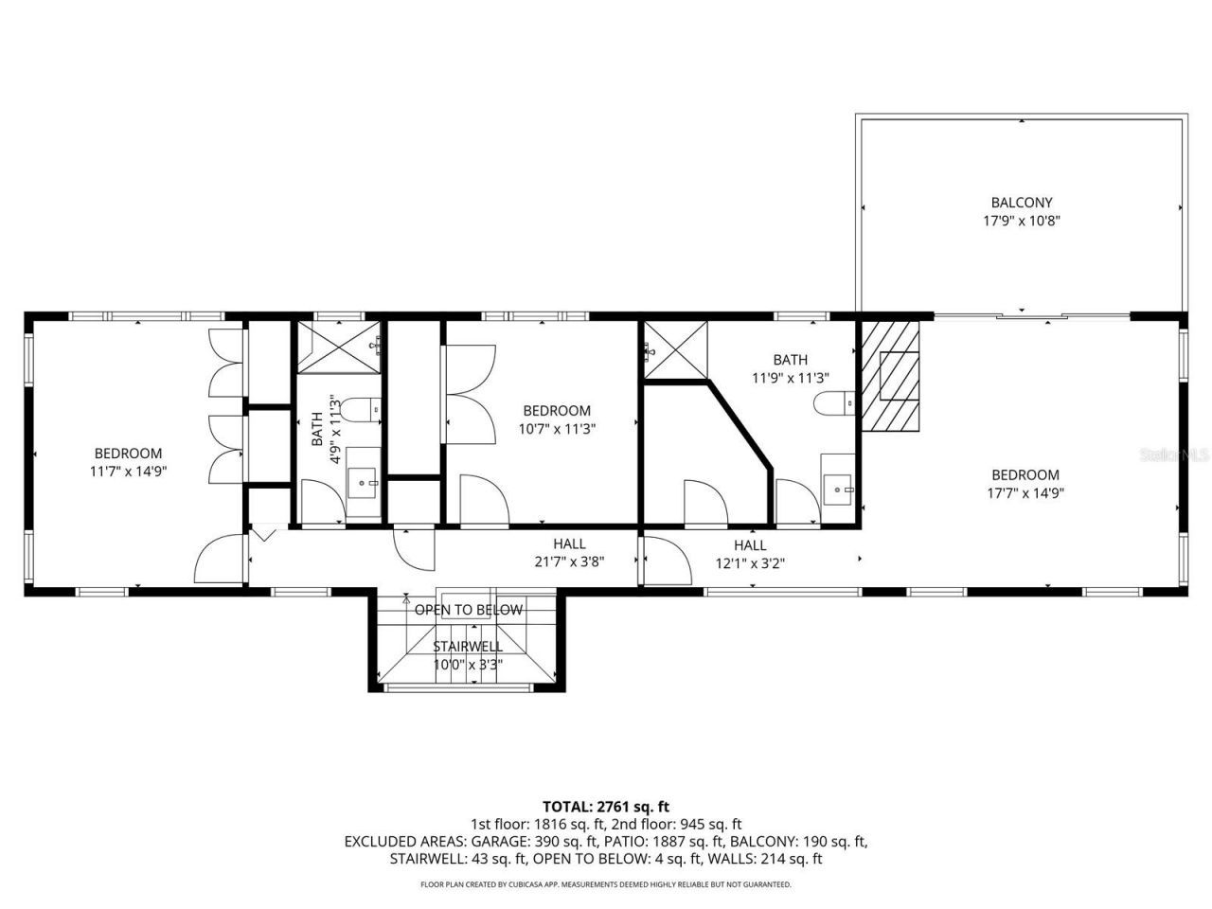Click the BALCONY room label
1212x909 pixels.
pos(1021,202)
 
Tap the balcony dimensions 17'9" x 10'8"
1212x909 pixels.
pos(1021,221)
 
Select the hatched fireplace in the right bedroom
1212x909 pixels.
pos(890,375)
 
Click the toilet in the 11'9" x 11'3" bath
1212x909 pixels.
pos(834,403)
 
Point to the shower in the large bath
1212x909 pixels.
pos(675,350)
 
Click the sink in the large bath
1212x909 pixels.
pos(837,490)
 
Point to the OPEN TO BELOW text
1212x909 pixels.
pos(468,610)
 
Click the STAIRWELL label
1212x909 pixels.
pos(468,646)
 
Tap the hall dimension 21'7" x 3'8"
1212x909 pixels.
pos(569,561)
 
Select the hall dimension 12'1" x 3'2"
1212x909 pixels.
pos(749,562)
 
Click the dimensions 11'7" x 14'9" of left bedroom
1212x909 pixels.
pos(128,471)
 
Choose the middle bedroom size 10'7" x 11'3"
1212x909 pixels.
pos(557,428)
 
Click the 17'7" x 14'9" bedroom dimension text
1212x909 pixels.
pos(1025,492)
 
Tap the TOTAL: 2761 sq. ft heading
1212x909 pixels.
pos(606,807)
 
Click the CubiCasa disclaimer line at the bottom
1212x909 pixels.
pos(606,884)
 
